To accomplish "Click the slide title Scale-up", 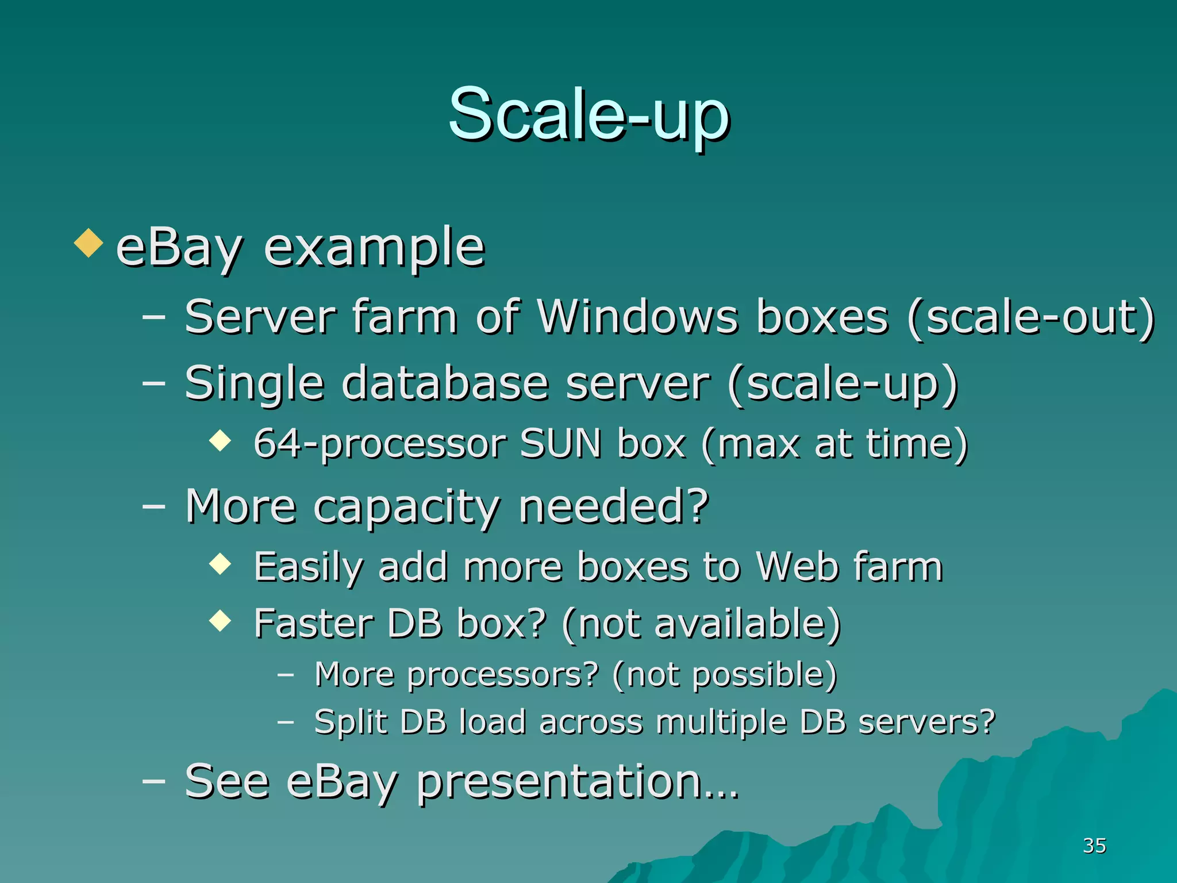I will pyautogui.click(x=588, y=115).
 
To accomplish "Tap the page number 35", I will pyautogui.click(x=1094, y=846).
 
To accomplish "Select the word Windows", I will pyautogui.click(x=637, y=317).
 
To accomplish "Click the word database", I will pyautogui.click(x=445, y=383).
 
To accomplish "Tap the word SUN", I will pyautogui.click(x=560, y=444).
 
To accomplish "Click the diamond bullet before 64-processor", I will pyautogui.click(x=220, y=441).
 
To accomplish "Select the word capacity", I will pyautogui.click(x=406, y=507).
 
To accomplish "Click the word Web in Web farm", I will pyautogui.click(x=797, y=567).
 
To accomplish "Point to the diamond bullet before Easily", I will pyautogui.click(x=220, y=564).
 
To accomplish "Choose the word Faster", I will pyautogui.click(x=314, y=624).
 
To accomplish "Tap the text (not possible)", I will pyautogui.click(x=724, y=675).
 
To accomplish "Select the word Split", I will pyautogui.click(x=351, y=723).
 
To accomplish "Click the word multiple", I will pyautogui.click(x=721, y=723).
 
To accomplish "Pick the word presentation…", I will pyautogui.click(x=577, y=783).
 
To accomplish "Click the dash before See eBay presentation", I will pyautogui.click(x=153, y=781).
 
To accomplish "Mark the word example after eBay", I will pyautogui.click(x=374, y=248).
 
